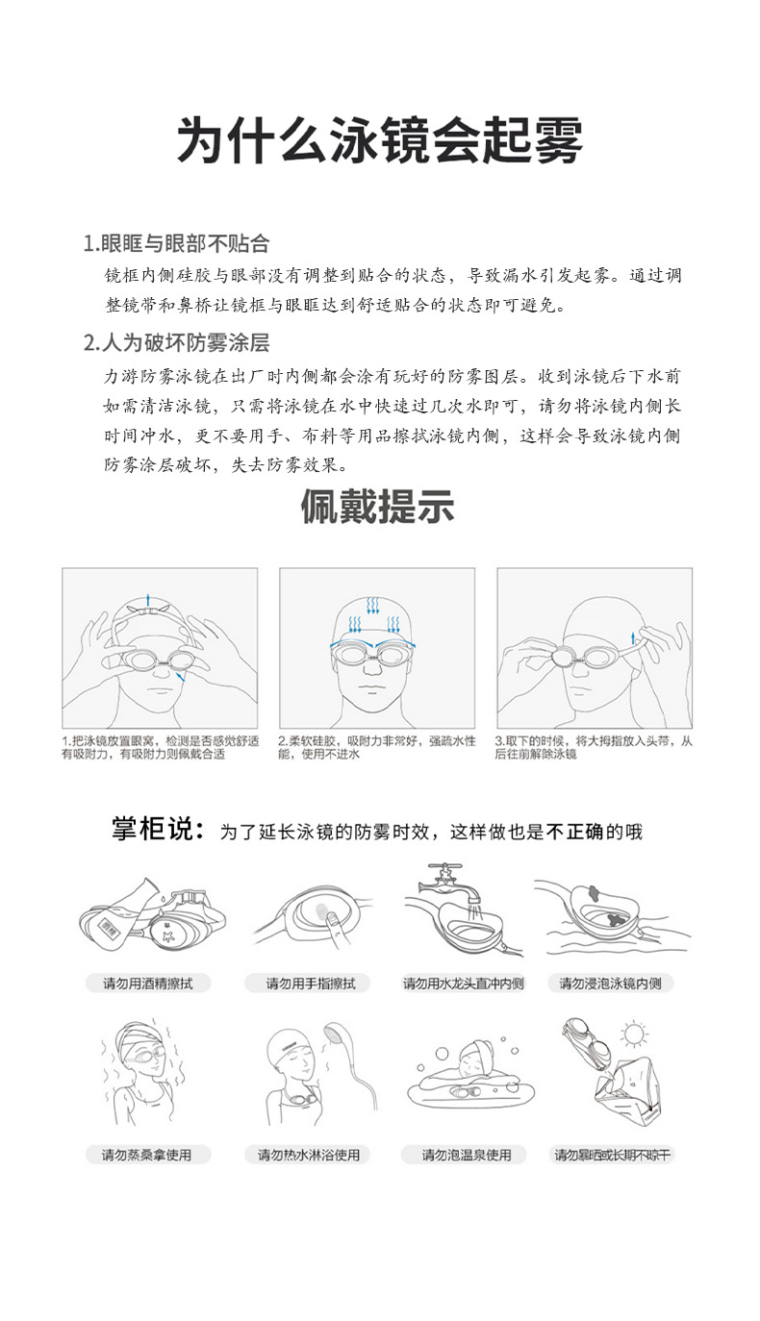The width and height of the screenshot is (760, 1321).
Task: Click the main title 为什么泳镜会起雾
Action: point(380,141)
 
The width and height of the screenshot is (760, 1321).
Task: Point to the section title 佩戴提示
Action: point(377,507)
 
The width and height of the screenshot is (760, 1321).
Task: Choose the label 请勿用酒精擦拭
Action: point(147,984)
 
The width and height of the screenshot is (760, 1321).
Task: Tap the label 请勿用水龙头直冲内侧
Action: point(463,984)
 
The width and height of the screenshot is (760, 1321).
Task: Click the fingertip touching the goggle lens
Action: point(330,921)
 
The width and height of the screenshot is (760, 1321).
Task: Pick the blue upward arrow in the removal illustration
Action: point(632,636)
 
